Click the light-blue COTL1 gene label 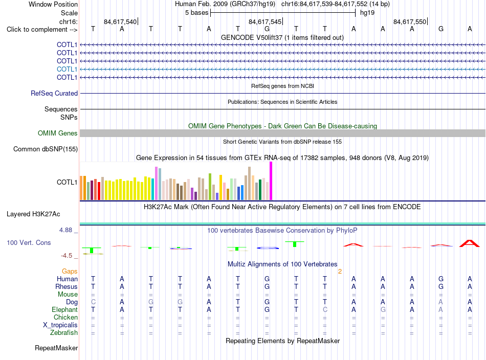[x=67, y=69]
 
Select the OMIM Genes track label [x=58, y=133]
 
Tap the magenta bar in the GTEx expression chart [x=271, y=181]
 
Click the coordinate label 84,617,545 [x=265, y=21]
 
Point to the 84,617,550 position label [x=410, y=21]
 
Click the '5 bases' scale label [x=197, y=13]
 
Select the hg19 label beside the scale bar [x=367, y=13]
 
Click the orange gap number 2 [x=340, y=272]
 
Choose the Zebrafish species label [x=64, y=333]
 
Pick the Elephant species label [x=64, y=309]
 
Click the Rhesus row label [x=67, y=286]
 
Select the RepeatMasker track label [x=56, y=348]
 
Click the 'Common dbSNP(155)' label [x=45, y=149]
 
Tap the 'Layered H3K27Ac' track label [x=33, y=214]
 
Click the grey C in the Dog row [x=93, y=302]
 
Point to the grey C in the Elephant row [x=325, y=309]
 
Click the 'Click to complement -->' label [x=42, y=30]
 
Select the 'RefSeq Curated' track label [x=54, y=93]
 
